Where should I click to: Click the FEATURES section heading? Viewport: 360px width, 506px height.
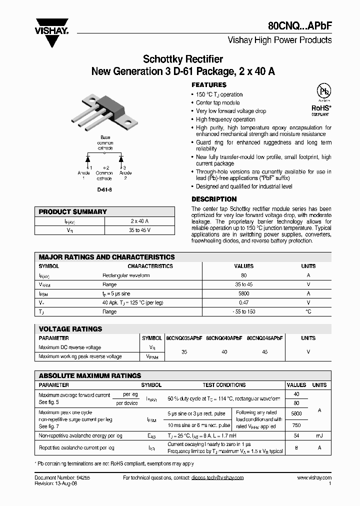click(209, 85)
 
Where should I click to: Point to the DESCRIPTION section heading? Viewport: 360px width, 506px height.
click(214, 199)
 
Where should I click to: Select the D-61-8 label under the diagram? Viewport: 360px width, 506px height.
click(104, 190)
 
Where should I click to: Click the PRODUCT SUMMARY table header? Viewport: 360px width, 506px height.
click(73, 212)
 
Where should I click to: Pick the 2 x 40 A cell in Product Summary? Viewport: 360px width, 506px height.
click(139, 221)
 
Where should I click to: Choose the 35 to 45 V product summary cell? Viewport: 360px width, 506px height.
click(139, 230)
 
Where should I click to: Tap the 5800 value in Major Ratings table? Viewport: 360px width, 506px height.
click(244, 294)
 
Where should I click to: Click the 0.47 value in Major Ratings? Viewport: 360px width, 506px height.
click(244, 303)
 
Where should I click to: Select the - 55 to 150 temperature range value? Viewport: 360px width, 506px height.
click(244, 312)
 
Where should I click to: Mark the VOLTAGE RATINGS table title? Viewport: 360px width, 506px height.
click(70, 329)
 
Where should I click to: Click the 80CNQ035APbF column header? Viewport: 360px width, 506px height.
click(183, 338)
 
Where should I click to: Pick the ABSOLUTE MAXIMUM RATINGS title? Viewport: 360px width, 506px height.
click(90, 375)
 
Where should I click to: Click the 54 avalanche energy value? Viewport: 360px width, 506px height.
click(296, 436)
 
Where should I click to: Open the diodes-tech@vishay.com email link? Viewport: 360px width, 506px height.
click(217, 478)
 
